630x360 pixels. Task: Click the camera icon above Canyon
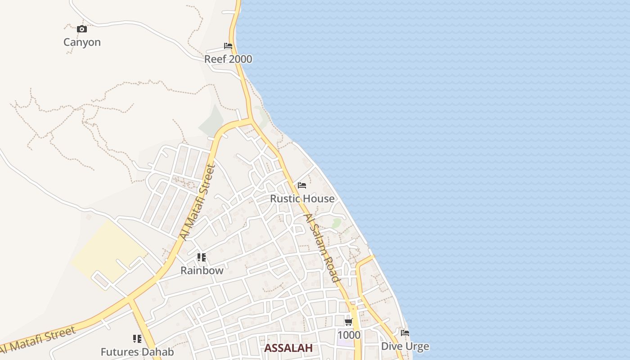(81, 29)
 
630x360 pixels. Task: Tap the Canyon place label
(82, 42)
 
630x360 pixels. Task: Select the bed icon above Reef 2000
(228, 46)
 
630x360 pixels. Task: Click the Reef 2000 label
(228, 59)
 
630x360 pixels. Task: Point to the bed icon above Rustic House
(302, 185)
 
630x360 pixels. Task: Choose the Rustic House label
(302, 198)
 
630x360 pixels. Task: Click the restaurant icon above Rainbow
(202, 257)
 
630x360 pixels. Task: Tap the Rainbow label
(202, 270)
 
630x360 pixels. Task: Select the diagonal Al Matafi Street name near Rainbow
(197, 202)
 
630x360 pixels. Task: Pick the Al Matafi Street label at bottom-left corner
(38, 340)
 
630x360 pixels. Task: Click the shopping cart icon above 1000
(349, 322)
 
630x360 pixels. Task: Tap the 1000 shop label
(349, 335)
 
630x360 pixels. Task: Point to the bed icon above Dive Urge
(405, 333)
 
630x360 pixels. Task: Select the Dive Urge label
(405, 346)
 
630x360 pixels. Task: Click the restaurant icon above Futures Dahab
(137, 338)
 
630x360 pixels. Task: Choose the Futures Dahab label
(137, 352)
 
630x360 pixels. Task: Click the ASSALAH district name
(288, 348)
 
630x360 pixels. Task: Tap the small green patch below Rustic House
(336, 223)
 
